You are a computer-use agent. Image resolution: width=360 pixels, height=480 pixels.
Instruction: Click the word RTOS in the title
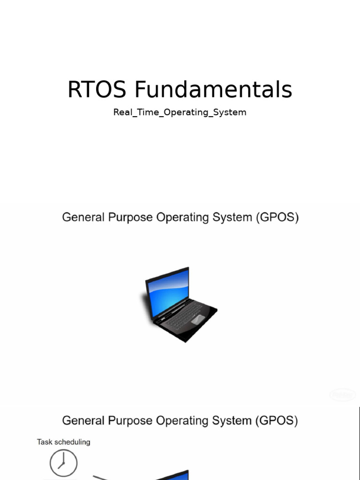point(97,90)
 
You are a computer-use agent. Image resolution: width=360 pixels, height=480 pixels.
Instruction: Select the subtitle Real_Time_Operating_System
point(180,112)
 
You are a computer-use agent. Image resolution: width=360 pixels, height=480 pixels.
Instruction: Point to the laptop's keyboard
point(180,315)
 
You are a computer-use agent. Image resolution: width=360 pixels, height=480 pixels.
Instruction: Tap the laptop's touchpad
point(198,319)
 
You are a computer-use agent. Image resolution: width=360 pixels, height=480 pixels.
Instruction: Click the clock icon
point(63,463)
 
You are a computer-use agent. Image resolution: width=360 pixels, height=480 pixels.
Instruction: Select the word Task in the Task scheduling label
point(45,442)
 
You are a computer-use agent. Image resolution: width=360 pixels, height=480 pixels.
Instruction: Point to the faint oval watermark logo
point(343,395)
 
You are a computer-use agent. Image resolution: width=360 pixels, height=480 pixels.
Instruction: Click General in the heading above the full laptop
point(82,218)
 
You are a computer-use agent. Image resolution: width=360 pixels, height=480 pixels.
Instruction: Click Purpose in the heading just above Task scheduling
point(128,420)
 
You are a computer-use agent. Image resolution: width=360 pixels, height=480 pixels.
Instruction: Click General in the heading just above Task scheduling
point(82,420)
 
